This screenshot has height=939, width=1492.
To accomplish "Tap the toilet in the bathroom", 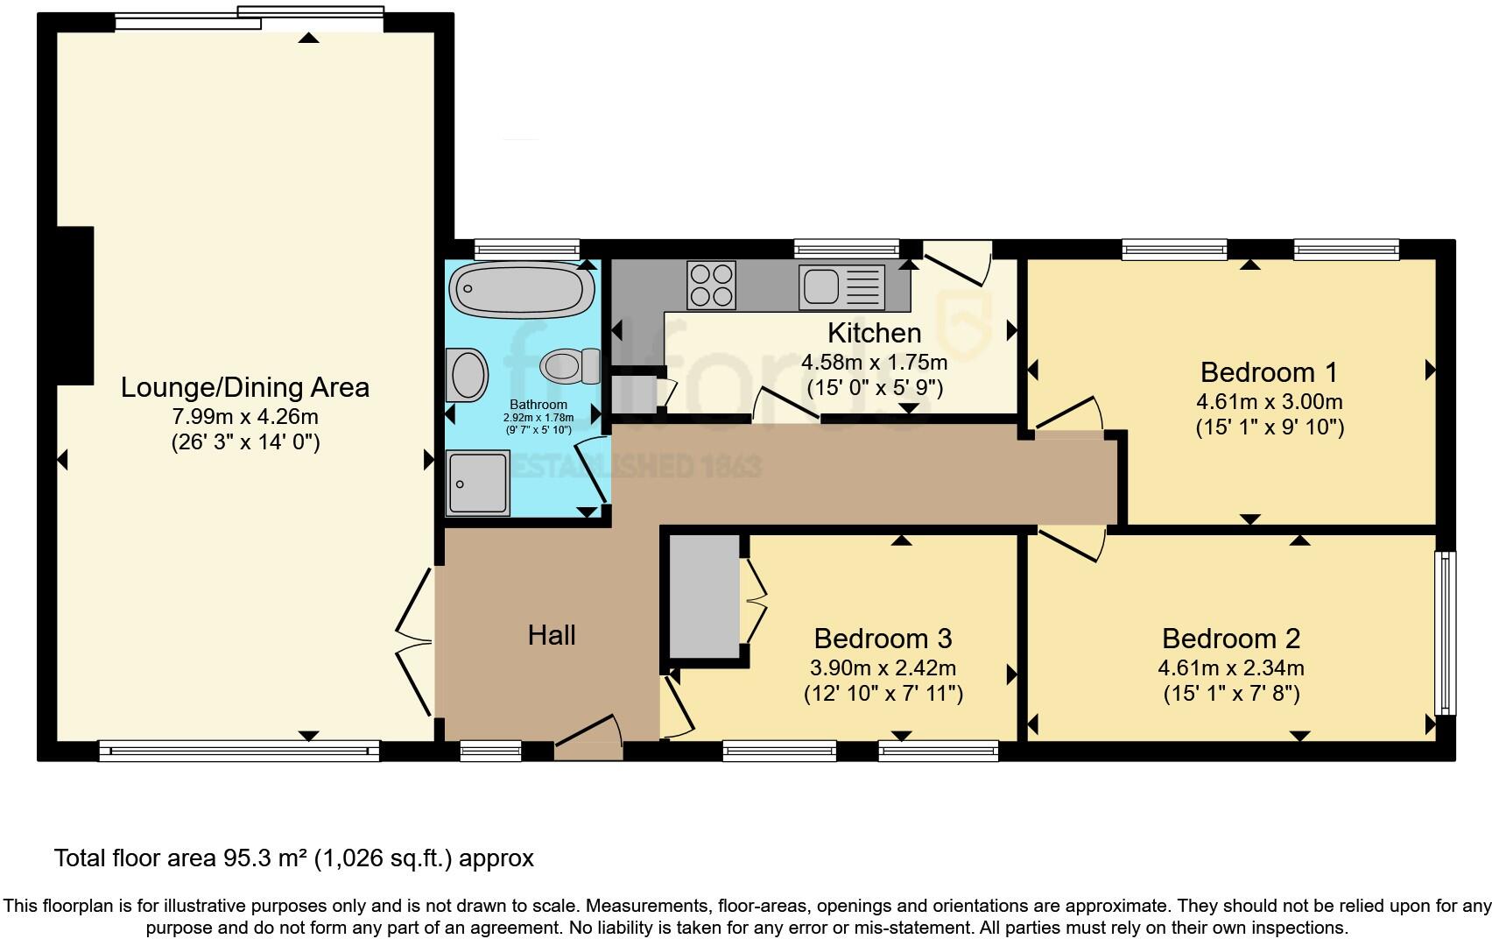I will [570, 365].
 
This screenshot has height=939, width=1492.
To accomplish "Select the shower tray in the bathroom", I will [477, 482].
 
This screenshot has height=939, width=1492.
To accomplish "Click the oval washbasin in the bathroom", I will [468, 375].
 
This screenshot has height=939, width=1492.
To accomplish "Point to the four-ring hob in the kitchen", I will [711, 286].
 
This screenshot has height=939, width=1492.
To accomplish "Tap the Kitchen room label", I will [874, 333].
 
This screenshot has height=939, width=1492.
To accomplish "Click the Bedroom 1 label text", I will [1269, 372].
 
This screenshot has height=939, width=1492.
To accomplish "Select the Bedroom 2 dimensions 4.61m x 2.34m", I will [1230, 668].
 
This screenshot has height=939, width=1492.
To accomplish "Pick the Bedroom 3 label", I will [883, 638].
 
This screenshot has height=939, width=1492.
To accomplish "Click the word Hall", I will [551, 635].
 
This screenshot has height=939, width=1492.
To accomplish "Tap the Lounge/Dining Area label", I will [244, 387].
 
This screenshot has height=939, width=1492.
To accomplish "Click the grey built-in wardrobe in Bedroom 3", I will [704, 597].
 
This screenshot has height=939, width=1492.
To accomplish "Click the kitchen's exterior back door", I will [957, 262].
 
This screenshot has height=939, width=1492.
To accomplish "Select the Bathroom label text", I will [538, 405].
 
